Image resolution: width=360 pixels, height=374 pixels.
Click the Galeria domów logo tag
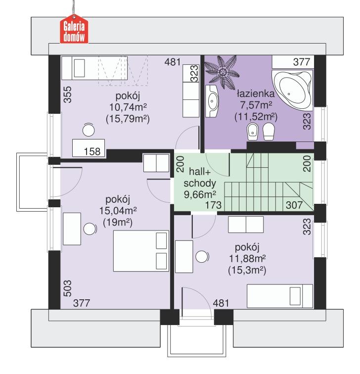pos(74,30)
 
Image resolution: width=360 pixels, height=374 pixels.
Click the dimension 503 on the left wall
pos(67,289)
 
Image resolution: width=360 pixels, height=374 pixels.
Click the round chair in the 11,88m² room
pos(201,257)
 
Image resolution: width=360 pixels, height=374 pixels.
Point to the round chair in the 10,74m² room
pos(88,130)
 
